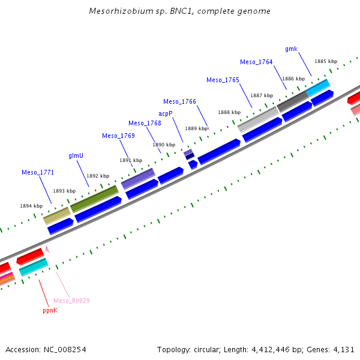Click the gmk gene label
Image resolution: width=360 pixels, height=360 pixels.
292,49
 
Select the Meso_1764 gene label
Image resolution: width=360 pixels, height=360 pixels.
256,62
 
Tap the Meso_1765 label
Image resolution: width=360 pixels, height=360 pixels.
223,80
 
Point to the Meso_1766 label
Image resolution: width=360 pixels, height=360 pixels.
179,101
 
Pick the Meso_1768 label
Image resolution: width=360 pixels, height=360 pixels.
145,123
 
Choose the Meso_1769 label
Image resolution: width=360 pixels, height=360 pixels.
118,136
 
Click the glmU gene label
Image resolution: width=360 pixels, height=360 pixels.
76,155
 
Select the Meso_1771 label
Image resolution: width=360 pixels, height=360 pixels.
38,172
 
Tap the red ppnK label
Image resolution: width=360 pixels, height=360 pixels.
50,311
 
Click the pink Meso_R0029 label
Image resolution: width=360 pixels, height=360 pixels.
71,301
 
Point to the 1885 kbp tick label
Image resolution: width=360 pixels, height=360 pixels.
326,61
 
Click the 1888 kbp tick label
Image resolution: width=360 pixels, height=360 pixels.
229,112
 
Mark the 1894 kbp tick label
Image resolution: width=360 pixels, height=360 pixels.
31,206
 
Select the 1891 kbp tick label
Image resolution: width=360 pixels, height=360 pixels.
131,160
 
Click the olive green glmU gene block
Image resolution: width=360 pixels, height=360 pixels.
94,199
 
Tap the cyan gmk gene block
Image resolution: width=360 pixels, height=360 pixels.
317,88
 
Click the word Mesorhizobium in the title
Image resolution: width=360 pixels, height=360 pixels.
116,11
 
